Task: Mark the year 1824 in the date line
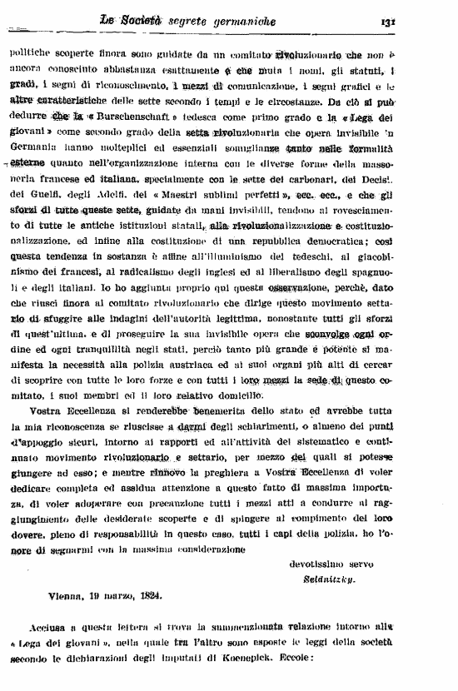(151, 594)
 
